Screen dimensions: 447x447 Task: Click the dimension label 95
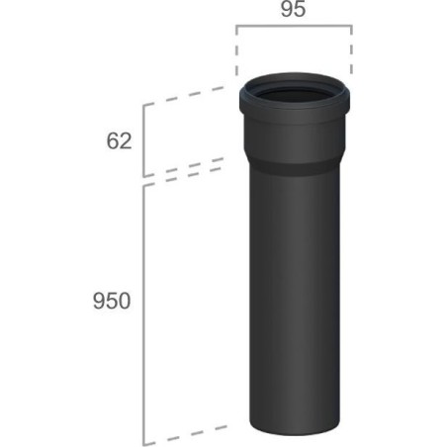pyautogui.click(x=293, y=9)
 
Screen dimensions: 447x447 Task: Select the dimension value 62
pyautogui.click(x=119, y=141)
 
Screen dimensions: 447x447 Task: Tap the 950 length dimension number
pyautogui.click(x=112, y=301)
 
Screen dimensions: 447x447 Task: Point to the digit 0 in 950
pyautogui.click(x=125, y=301)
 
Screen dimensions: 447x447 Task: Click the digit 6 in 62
pyautogui.click(x=113, y=141)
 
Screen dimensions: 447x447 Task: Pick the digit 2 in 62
pyautogui.click(x=126, y=141)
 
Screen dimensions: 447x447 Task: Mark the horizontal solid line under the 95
pyautogui.click(x=294, y=26)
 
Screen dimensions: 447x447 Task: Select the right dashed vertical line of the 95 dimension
pyautogui.click(x=351, y=50)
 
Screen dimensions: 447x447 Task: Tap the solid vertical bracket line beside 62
pyautogui.click(x=143, y=140)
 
